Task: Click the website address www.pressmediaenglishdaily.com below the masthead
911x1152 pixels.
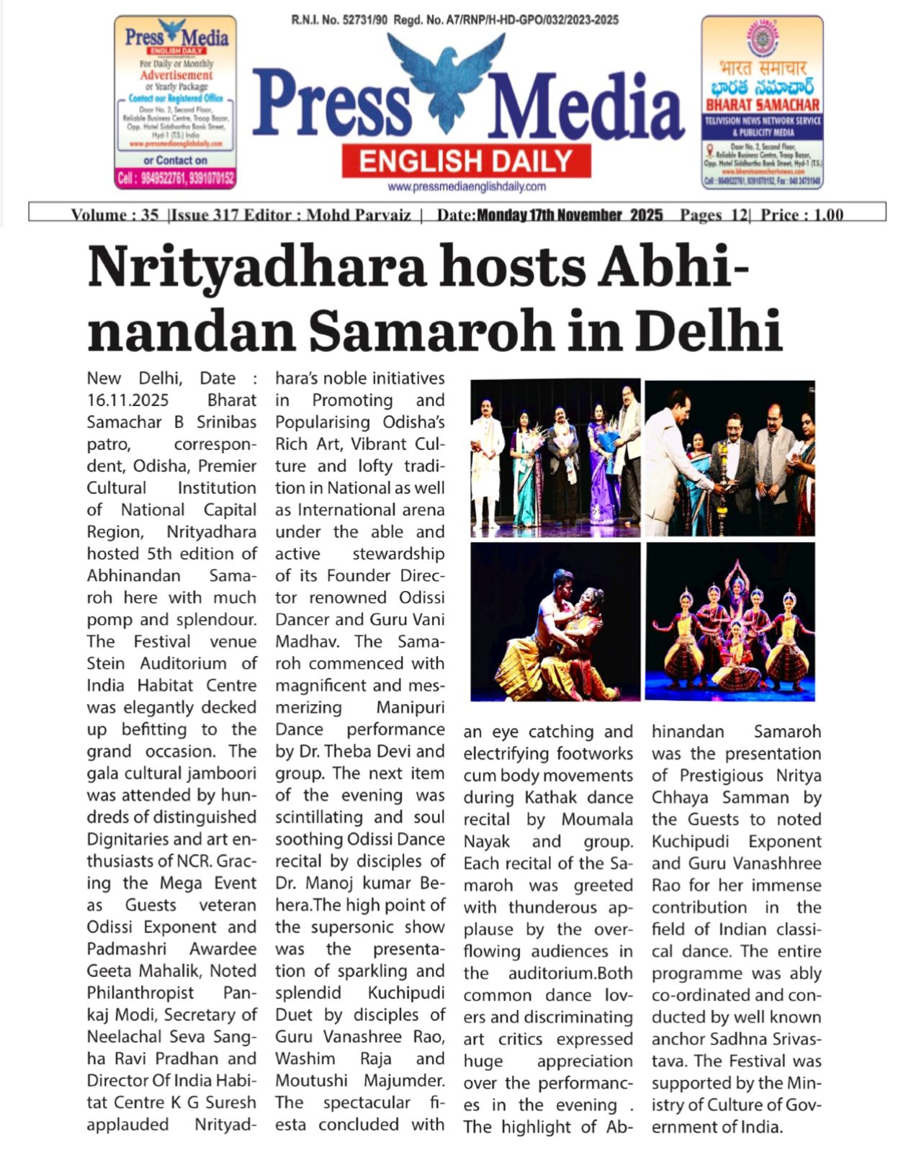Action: [x=466, y=186]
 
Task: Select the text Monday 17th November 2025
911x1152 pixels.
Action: [x=570, y=215]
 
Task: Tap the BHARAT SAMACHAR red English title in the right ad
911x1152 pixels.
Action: [x=763, y=105]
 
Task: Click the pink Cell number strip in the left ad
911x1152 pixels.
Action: [x=175, y=178]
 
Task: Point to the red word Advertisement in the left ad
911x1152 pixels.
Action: [x=176, y=75]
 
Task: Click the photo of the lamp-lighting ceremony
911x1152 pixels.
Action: [x=730, y=458]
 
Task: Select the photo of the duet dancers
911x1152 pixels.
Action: [x=555, y=622]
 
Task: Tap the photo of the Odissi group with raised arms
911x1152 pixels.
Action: [x=730, y=622]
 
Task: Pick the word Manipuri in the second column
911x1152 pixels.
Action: [x=410, y=708]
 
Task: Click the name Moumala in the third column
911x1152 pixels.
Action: [x=597, y=819]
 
